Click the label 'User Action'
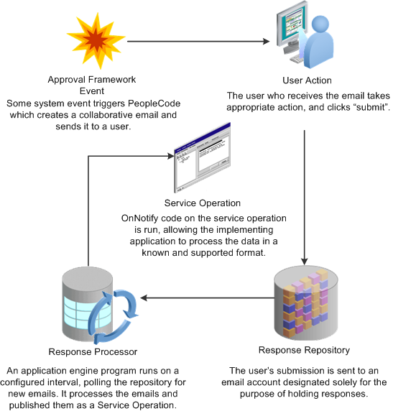click(307, 80)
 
